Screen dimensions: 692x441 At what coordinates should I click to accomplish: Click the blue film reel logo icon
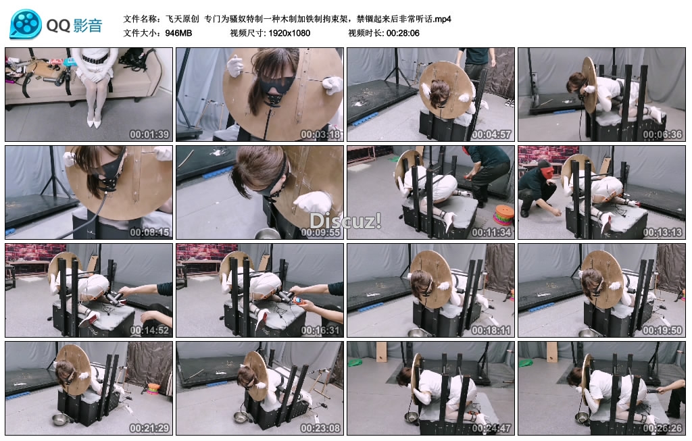pos(26,24)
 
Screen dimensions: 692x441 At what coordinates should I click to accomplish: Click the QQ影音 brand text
pos(74,25)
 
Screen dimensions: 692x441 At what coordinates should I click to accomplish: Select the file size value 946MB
pos(178,33)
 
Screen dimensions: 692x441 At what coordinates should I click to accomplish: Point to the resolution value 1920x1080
pos(289,33)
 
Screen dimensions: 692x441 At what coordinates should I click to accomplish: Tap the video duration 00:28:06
pos(403,33)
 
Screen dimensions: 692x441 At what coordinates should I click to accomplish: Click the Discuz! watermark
pos(345,220)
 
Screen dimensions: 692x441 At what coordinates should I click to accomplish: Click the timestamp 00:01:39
pos(149,134)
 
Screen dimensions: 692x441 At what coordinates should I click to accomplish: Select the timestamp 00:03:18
pos(320,134)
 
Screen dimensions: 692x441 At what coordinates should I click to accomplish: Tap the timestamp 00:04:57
pos(491,134)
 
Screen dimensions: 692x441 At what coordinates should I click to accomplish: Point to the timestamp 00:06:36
pos(662,134)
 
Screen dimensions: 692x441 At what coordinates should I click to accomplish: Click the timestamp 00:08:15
pos(149,232)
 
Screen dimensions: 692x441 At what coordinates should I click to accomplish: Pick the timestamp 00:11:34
pos(491,232)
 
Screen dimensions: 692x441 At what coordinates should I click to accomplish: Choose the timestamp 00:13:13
pos(662,232)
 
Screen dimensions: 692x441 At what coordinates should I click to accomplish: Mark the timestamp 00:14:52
pos(149,330)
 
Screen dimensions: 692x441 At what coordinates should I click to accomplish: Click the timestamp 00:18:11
pos(491,330)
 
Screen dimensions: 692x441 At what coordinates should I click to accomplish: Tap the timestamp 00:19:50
pos(662,330)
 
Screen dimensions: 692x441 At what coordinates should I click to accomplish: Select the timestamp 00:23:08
pos(320,428)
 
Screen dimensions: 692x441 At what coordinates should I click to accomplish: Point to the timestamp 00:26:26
pos(662,428)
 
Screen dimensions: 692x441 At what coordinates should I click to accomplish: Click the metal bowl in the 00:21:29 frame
pos(60,419)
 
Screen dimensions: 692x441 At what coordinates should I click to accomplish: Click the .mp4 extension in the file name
pos(442,19)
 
